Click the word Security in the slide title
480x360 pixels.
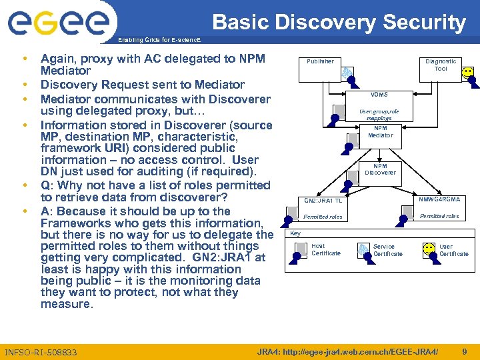point(427,23)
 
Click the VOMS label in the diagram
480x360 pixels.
point(379,95)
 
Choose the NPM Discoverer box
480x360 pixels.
point(380,169)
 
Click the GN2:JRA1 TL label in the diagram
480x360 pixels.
point(323,201)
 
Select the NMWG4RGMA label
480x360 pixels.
point(439,199)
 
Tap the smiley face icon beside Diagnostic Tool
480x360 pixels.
point(468,72)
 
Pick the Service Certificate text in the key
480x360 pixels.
point(387,250)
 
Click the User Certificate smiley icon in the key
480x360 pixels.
point(429,249)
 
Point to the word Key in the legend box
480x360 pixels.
point(295,233)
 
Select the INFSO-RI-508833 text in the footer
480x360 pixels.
point(41,352)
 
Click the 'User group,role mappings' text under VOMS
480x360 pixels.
point(379,115)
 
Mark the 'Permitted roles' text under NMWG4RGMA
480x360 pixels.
point(439,216)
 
